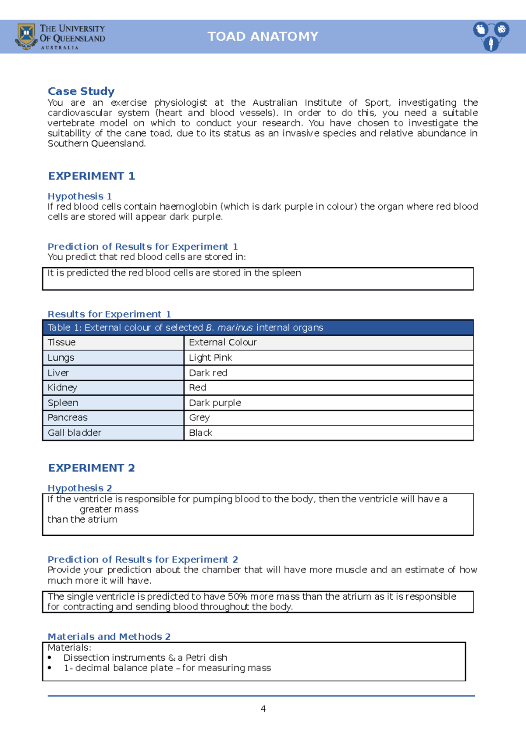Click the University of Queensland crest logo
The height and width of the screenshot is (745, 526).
point(26,36)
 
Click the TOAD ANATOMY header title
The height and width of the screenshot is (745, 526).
point(263,36)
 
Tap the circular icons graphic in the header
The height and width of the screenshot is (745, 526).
point(491,36)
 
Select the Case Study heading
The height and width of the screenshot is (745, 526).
point(81,91)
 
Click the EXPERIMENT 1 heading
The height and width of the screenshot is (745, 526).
point(92,176)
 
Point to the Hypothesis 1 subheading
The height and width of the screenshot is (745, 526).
point(80,196)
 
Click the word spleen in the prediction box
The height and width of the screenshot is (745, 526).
point(286,273)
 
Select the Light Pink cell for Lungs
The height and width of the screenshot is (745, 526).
point(210,358)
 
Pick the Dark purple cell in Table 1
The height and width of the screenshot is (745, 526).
point(215,403)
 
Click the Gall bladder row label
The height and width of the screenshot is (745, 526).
point(75,433)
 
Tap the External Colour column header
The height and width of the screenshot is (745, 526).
point(223,342)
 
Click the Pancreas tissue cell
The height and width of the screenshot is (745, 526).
point(68,418)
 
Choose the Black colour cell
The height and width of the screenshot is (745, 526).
point(201,433)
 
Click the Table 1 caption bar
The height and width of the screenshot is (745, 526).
point(258,328)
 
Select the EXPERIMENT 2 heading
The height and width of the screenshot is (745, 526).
point(92,468)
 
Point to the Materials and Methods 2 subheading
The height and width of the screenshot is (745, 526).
point(109,637)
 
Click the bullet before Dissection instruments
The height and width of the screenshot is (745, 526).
point(50,658)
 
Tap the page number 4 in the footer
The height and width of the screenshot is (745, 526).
point(263,709)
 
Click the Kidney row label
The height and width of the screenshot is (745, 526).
point(62,387)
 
